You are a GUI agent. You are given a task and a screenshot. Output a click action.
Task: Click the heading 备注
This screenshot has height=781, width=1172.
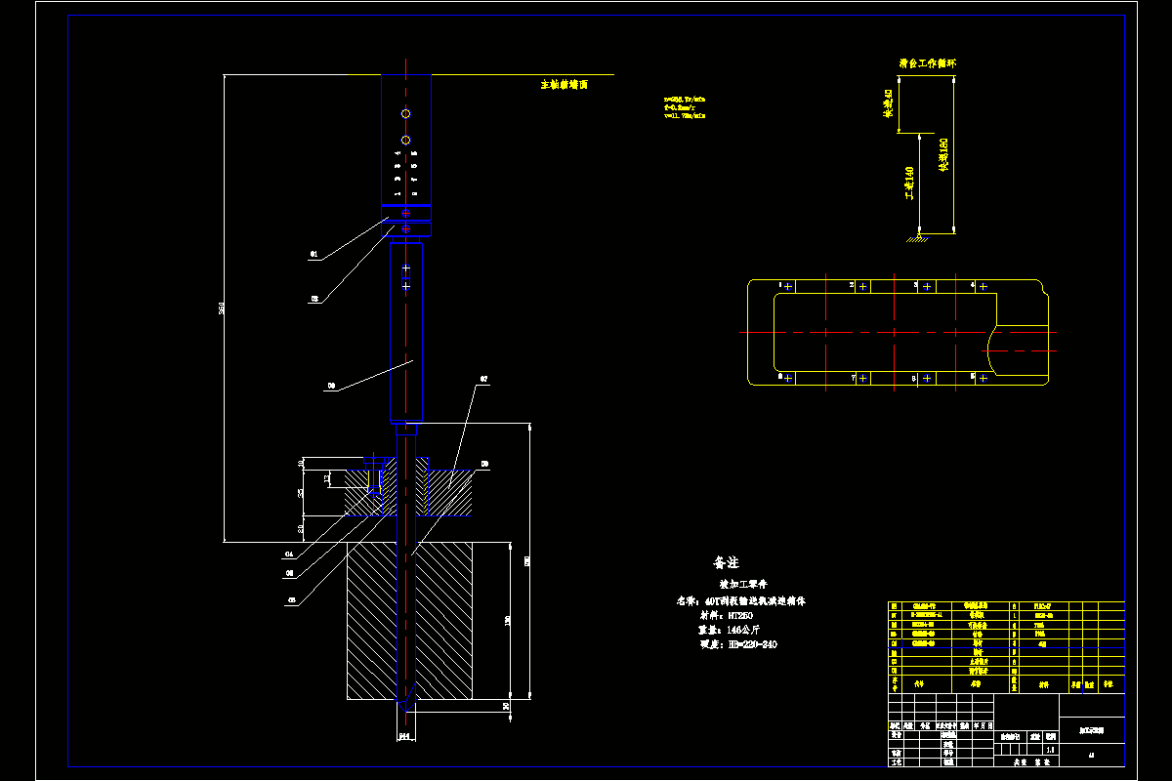tap(726, 563)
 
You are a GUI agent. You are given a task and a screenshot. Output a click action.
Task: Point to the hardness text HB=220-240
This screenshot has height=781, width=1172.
tap(751, 644)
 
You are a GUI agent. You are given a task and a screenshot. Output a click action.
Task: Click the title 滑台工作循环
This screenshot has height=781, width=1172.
tap(927, 62)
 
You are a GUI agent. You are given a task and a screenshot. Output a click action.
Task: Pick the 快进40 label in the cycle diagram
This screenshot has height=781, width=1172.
tap(888, 103)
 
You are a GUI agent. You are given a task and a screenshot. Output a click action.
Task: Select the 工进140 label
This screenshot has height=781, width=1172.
tap(909, 184)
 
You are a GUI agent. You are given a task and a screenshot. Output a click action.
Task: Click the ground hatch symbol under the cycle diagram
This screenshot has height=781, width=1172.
tap(916, 238)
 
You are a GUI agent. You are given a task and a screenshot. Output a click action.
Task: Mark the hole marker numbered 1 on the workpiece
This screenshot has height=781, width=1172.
tap(788, 286)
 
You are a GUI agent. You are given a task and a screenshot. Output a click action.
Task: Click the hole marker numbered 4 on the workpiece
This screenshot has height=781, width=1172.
tap(983, 286)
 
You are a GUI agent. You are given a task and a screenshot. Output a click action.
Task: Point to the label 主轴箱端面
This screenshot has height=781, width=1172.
tap(565, 85)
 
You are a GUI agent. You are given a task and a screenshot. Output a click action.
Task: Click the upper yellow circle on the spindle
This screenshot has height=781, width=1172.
tap(405, 114)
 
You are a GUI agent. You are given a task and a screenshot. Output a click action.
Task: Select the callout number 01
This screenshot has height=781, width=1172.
tap(314, 254)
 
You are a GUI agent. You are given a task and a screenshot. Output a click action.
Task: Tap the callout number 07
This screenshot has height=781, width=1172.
tap(482, 379)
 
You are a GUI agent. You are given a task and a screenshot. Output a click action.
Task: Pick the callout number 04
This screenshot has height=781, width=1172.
tap(289, 554)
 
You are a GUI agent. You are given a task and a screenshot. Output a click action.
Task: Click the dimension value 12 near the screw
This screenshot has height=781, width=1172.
tap(328, 477)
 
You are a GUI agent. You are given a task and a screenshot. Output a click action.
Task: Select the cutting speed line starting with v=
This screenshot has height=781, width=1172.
tap(684, 115)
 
